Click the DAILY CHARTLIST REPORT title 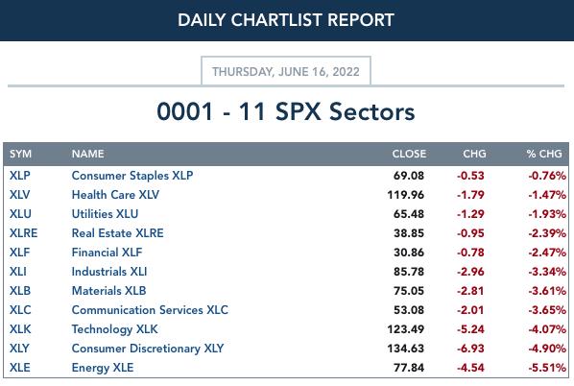tap(286, 20)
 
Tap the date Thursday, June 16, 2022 tap(286, 71)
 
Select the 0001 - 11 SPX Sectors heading tap(286, 111)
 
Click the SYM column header tap(20, 154)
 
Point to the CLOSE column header tap(409, 154)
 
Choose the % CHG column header tap(544, 154)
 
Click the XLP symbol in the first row tap(20, 176)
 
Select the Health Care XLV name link tap(116, 195)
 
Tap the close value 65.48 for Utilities tap(409, 214)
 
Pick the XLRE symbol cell tap(23, 233)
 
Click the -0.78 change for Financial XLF tap(470, 253)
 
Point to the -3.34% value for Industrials tap(547, 272)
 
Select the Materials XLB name tap(109, 291)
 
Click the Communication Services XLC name tap(150, 310)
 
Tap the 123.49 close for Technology tap(406, 329)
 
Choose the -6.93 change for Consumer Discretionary tap(470, 349)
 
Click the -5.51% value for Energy tap(547, 368)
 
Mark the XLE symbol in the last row tap(20, 368)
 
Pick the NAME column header tap(88, 154)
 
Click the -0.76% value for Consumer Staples tap(547, 176)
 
